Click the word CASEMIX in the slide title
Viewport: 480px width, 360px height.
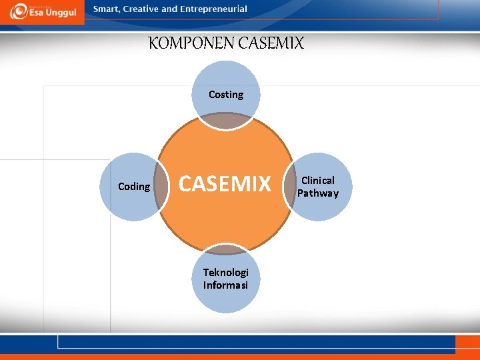point(270,44)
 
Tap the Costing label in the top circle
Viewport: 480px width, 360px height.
point(226,95)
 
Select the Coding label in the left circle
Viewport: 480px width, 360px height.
point(134,187)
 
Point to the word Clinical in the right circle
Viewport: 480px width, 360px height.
point(318,180)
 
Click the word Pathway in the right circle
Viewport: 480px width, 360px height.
point(318,193)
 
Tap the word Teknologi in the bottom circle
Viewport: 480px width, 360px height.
point(226,272)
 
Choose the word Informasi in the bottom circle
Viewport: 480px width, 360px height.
point(226,285)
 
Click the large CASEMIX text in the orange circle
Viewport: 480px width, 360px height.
point(226,183)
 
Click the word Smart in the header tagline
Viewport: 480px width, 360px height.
point(107,9)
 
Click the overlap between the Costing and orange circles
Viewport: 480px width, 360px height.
point(226,120)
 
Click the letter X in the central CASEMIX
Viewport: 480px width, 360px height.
point(265,183)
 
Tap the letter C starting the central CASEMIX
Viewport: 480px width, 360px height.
point(186,183)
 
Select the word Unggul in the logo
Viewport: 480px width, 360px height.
point(59,13)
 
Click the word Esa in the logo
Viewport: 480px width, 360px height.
point(34,13)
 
